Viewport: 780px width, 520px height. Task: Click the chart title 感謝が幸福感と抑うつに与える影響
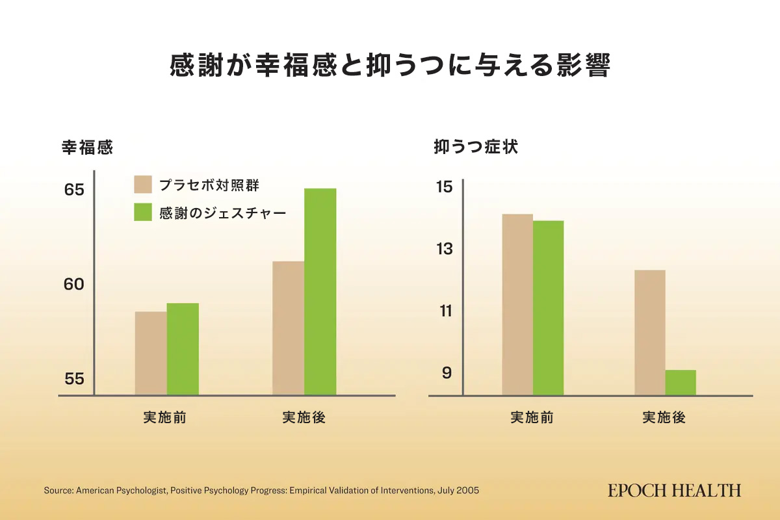coord(389,66)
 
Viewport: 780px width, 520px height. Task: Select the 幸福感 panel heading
coord(87,148)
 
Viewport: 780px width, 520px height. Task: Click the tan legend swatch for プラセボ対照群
coord(143,184)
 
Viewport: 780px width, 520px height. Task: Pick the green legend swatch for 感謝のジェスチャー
coord(143,213)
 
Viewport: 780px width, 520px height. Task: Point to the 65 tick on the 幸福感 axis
coord(74,190)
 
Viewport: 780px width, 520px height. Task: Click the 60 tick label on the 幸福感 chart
coord(74,284)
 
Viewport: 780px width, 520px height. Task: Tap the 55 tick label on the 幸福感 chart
coord(74,378)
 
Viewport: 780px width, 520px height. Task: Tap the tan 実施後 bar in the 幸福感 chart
coord(289,328)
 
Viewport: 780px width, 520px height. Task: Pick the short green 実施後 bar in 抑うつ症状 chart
coord(681,382)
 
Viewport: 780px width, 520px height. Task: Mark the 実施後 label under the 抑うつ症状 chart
coord(664,417)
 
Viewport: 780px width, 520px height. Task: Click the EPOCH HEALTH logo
coord(674,490)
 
